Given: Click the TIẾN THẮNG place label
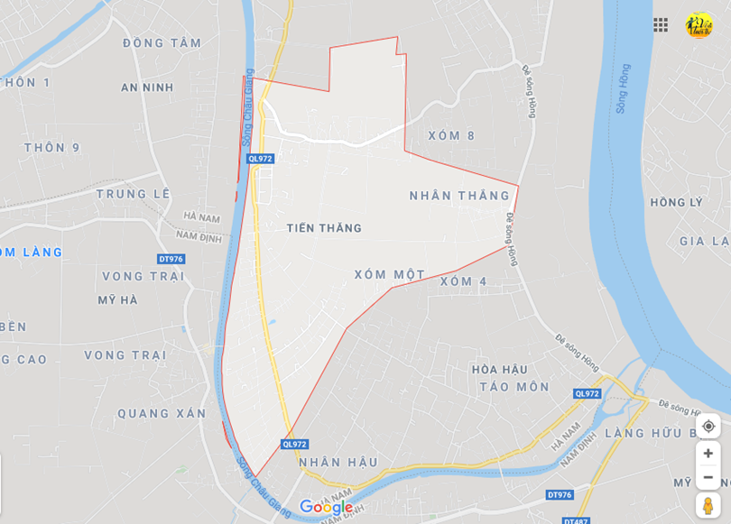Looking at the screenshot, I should [324, 228].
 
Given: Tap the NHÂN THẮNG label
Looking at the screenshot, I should [459, 196].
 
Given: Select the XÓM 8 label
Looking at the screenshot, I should [451, 136].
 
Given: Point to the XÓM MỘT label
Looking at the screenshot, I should [389, 275].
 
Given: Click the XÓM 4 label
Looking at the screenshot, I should [464, 281].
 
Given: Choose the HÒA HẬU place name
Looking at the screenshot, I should [499, 370].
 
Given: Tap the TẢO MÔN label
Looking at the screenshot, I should [514, 387].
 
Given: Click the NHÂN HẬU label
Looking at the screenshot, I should [338, 463].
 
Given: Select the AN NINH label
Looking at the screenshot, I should [147, 87].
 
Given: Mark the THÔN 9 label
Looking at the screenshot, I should [52, 148].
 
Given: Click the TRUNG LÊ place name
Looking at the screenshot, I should [134, 194].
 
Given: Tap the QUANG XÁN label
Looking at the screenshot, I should [162, 414].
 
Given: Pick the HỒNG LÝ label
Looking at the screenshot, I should [676, 202].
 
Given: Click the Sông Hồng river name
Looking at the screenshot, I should [622, 88].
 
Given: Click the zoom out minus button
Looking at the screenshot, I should [708, 477].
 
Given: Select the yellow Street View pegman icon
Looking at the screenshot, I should [708, 505].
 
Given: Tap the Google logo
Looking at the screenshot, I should [326, 507].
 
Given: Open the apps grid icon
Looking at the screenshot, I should [661, 25].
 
